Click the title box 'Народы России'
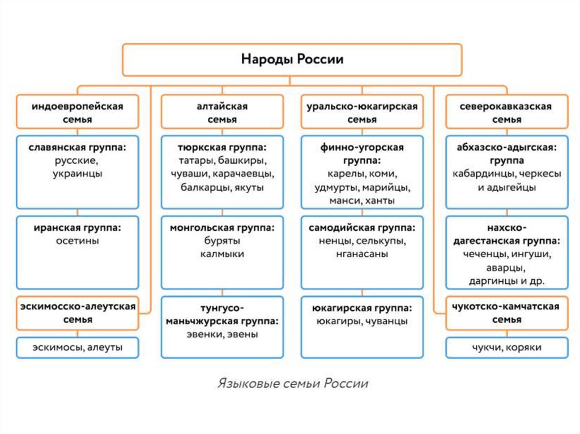click(292, 60)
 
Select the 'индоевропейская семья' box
click(78, 112)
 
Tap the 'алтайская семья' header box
click(222, 112)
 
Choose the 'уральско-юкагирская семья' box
click(362, 112)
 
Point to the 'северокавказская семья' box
click(506, 112)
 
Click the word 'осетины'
click(78, 241)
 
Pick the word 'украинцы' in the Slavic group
click(78, 174)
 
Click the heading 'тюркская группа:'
click(222, 147)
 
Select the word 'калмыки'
click(222, 254)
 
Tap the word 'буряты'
click(222, 241)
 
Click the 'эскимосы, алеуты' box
click(78, 347)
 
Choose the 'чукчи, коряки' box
click(506, 347)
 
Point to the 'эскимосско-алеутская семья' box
click(78, 313)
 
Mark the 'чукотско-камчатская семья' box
click(506, 313)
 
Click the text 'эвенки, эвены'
click(222, 334)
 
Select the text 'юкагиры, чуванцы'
click(362, 321)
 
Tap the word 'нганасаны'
click(362, 254)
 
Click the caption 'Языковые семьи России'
click(292, 384)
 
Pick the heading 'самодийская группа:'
click(362, 228)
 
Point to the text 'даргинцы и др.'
click(506, 281)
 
